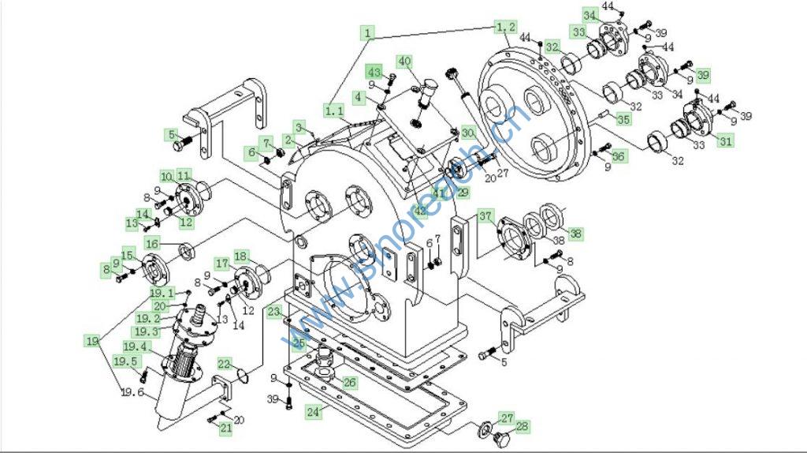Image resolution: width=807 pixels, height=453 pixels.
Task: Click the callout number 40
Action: [404, 61]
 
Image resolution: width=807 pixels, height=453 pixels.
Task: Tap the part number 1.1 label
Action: [334, 110]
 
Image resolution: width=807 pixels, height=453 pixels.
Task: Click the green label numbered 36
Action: [619, 156]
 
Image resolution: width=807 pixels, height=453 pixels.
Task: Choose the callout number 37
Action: [485, 216]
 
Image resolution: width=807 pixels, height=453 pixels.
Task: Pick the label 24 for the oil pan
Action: [313, 411]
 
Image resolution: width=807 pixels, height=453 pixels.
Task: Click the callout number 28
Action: [521, 426]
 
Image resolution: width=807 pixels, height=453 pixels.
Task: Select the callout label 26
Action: [348, 383]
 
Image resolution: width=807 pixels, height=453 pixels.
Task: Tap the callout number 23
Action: [273, 312]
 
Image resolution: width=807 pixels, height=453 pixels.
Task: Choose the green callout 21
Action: [225, 428]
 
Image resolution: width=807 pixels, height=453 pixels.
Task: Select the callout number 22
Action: [225, 363]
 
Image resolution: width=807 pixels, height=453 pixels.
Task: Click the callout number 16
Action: [152, 243]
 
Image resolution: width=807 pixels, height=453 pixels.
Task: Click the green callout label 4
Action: [359, 97]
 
